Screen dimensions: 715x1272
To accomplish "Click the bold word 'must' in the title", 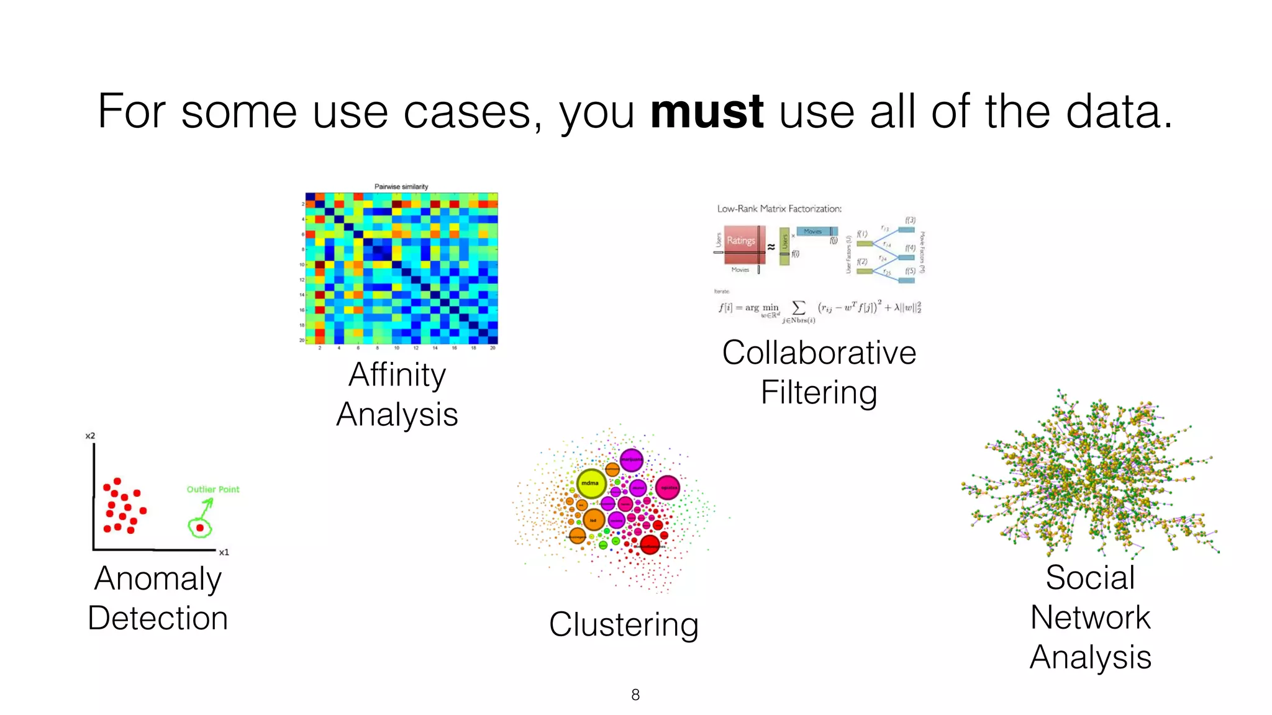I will (x=706, y=112).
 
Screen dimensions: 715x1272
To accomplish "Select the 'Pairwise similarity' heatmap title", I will (x=401, y=186).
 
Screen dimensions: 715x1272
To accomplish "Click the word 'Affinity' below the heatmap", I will (x=397, y=375).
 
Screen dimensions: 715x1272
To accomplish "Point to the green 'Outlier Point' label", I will (x=213, y=489).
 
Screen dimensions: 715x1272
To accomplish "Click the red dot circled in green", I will (x=200, y=528).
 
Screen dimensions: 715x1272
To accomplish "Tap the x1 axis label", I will (x=224, y=552).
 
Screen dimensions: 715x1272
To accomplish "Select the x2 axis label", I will (x=90, y=436).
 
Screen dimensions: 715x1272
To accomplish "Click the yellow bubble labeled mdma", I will (x=591, y=483).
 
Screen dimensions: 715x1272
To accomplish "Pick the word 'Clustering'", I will (x=624, y=624).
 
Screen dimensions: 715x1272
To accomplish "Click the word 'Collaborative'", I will (x=819, y=353).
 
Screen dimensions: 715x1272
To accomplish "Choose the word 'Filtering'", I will (x=819, y=392).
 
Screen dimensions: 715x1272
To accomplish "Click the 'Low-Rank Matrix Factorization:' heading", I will (x=779, y=209).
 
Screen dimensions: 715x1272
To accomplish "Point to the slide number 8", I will (x=635, y=695).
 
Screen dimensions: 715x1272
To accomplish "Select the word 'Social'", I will (x=1090, y=577).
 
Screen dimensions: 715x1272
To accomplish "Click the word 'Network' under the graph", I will (x=1090, y=617).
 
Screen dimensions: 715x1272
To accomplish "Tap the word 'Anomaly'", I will (x=158, y=578).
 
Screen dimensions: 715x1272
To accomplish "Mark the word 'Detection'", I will (x=158, y=618).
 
